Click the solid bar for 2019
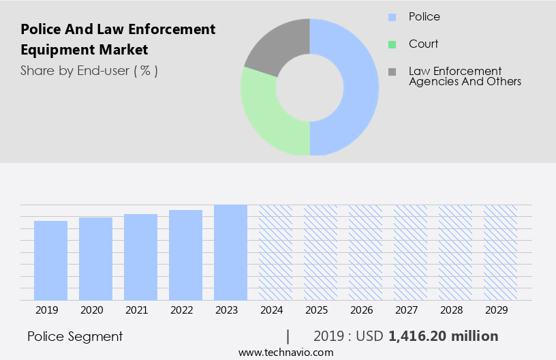pyautogui.click(x=50, y=260)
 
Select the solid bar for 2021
pyautogui.click(x=140, y=257)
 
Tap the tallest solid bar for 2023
pyautogui.click(x=230, y=252)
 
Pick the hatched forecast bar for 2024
pyautogui.click(x=275, y=252)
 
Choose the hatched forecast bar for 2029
pyautogui.click(x=500, y=252)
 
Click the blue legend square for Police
pyautogui.click(x=392, y=16)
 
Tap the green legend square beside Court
pyautogui.click(x=392, y=44)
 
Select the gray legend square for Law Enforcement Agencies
pyautogui.click(x=392, y=72)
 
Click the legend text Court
pyautogui.click(x=423, y=44)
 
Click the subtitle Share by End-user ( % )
pyautogui.click(x=89, y=70)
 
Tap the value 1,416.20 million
pyautogui.click(x=443, y=336)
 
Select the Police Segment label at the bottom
pyautogui.click(x=75, y=336)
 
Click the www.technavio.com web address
pyautogui.click(x=286, y=352)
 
